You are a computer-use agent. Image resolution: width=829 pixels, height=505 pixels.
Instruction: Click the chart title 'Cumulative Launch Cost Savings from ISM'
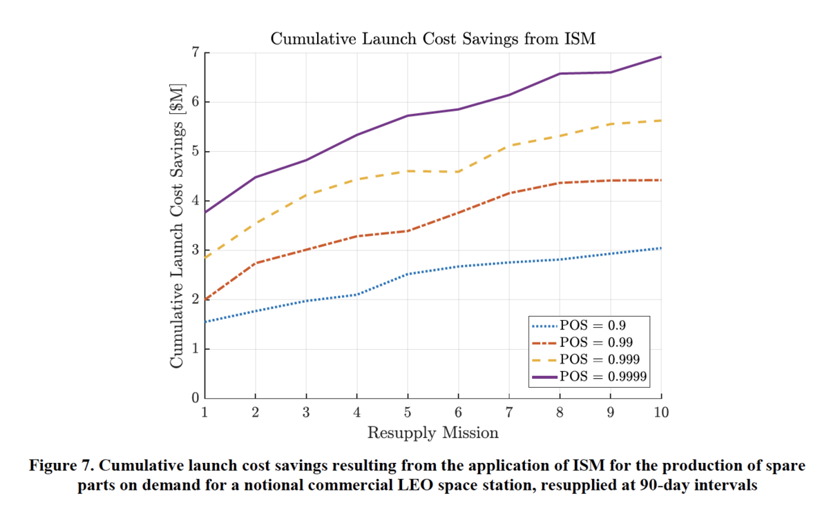click(432, 39)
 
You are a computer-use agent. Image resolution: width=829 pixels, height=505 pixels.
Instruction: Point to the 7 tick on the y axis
click(196, 53)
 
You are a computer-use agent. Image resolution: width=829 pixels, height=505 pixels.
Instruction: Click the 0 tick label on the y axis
click(196, 399)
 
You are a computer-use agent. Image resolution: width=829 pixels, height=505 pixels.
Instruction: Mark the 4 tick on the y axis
click(196, 201)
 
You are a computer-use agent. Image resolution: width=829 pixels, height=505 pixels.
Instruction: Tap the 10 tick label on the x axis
click(661, 413)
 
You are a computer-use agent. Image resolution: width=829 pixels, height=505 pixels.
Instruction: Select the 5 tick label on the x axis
click(408, 413)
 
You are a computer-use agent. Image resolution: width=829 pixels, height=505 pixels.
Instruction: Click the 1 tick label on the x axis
click(205, 413)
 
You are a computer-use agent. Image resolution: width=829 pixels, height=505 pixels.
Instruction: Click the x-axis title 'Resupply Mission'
click(432, 433)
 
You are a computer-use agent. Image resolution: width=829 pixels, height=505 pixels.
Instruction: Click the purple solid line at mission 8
click(560, 74)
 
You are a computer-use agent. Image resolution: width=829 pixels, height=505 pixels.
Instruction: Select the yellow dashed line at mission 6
click(458, 171)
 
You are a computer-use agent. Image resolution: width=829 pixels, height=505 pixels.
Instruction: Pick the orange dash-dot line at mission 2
click(256, 264)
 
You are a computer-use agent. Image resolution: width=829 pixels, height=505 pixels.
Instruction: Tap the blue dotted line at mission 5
click(408, 274)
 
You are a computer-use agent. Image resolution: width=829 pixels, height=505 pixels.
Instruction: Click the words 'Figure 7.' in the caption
click(56, 467)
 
